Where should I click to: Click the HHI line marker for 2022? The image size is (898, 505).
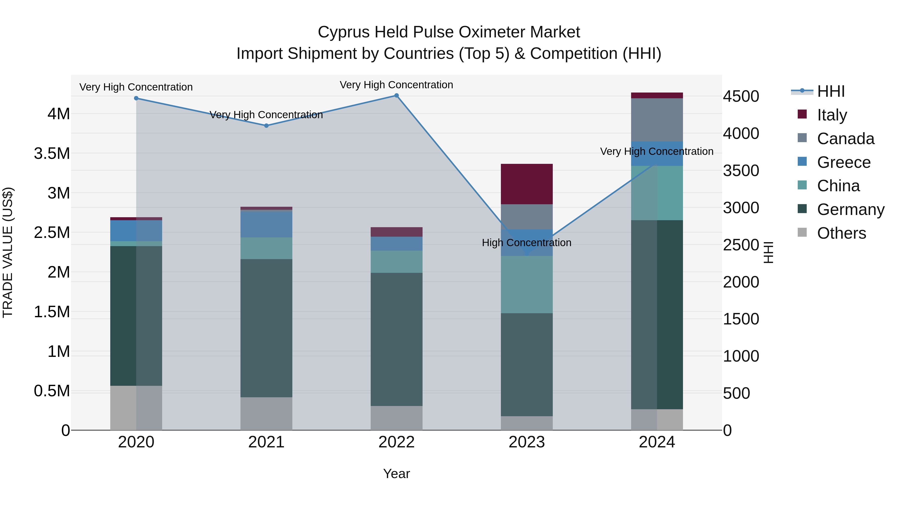tap(396, 96)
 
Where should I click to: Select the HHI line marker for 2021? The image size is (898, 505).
tap(266, 125)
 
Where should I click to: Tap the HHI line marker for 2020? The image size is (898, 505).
tap(136, 98)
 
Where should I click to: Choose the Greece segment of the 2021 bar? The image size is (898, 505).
tap(266, 224)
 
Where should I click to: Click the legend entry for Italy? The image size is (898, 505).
tap(832, 115)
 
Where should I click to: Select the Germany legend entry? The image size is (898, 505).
tap(851, 209)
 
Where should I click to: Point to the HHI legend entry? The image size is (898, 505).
tap(831, 91)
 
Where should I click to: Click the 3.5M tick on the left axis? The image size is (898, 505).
tap(52, 153)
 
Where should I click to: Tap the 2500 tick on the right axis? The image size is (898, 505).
tap(741, 245)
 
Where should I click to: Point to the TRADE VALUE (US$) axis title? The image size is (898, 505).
tap(8, 252)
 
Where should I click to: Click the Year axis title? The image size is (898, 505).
tap(396, 474)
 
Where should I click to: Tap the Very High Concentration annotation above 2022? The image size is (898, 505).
tap(396, 85)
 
